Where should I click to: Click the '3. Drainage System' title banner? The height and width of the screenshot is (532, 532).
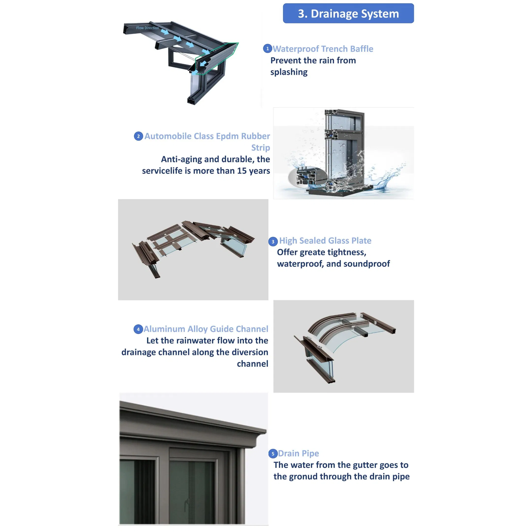click(x=348, y=13)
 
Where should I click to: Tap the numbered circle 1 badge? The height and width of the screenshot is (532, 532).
click(x=267, y=48)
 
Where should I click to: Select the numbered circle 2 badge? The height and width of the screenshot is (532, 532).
click(x=138, y=136)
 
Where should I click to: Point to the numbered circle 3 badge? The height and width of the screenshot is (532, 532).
click(x=273, y=242)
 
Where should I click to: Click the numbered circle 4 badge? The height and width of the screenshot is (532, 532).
click(x=138, y=329)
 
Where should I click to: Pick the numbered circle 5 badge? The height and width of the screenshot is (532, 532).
click(x=273, y=454)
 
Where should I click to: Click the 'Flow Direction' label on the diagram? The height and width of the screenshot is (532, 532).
click(x=147, y=28)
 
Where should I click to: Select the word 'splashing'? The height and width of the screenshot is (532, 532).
click(x=289, y=72)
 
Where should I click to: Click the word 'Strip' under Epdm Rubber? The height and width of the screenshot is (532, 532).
click(x=260, y=148)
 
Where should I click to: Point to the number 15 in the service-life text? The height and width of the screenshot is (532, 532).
click(x=242, y=171)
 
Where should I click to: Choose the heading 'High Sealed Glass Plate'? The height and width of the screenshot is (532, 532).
click(x=325, y=241)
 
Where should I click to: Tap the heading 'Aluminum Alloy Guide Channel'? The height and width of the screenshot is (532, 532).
click(x=206, y=329)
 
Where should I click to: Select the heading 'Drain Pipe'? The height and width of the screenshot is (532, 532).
click(x=299, y=453)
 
